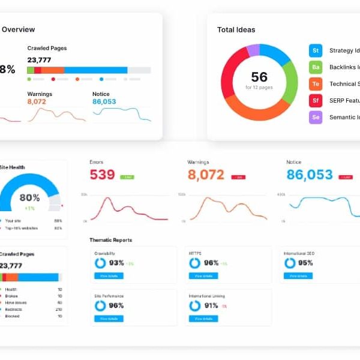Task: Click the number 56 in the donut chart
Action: coord(259,77)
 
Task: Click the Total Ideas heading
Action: coord(236,29)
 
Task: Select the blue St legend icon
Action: coord(316,50)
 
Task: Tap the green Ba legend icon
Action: coord(316,67)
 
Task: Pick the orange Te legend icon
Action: coord(316,84)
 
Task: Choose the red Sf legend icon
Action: coord(316,101)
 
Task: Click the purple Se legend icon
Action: coord(316,118)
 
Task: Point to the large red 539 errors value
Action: coord(102,175)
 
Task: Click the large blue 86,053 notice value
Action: coord(310,175)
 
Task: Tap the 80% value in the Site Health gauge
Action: coord(29,197)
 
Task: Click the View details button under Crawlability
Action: coord(109,276)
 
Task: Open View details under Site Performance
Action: coord(109,318)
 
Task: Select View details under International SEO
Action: coord(298,276)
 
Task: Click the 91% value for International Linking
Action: coord(211,305)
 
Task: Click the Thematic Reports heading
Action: coord(111,240)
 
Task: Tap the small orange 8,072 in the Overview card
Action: coord(37,102)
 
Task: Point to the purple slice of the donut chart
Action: coord(253,50)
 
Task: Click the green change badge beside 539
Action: coord(127,177)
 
